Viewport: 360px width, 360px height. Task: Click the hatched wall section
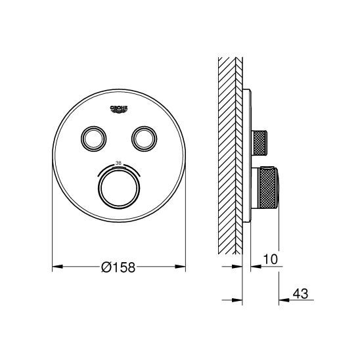[x=230, y=151]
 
